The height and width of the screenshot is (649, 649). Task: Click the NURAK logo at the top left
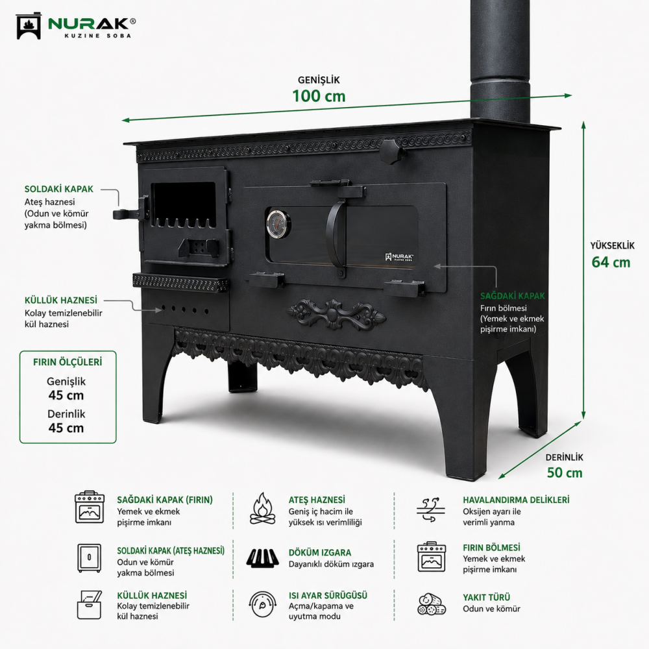[x=75, y=26]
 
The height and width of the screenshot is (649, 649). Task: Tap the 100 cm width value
[x=319, y=96]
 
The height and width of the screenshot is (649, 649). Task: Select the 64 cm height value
[x=611, y=262]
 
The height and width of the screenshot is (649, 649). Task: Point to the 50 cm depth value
[x=565, y=472]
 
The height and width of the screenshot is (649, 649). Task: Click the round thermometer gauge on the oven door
[x=278, y=224]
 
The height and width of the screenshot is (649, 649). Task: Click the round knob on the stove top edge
[x=392, y=151]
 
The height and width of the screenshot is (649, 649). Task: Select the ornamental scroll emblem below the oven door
[x=336, y=315]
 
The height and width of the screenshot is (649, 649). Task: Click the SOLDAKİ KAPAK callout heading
[x=59, y=189]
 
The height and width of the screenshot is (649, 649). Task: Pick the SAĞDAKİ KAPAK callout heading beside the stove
[x=513, y=296]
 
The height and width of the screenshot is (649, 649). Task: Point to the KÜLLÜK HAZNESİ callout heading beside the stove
[x=61, y=300]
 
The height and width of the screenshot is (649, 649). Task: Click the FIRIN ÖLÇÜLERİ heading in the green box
[x=67, y=362]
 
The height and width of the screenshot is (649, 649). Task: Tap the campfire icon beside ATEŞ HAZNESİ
[x=262, y=509]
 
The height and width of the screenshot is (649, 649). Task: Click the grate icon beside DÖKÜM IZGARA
[x=262, y=558]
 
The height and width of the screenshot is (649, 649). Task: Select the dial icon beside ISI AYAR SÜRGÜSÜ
[x=262, y=605]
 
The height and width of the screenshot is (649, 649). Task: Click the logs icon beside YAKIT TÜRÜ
[x=432, y=605]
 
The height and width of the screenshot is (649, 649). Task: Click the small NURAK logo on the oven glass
[x=399, y=257]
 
